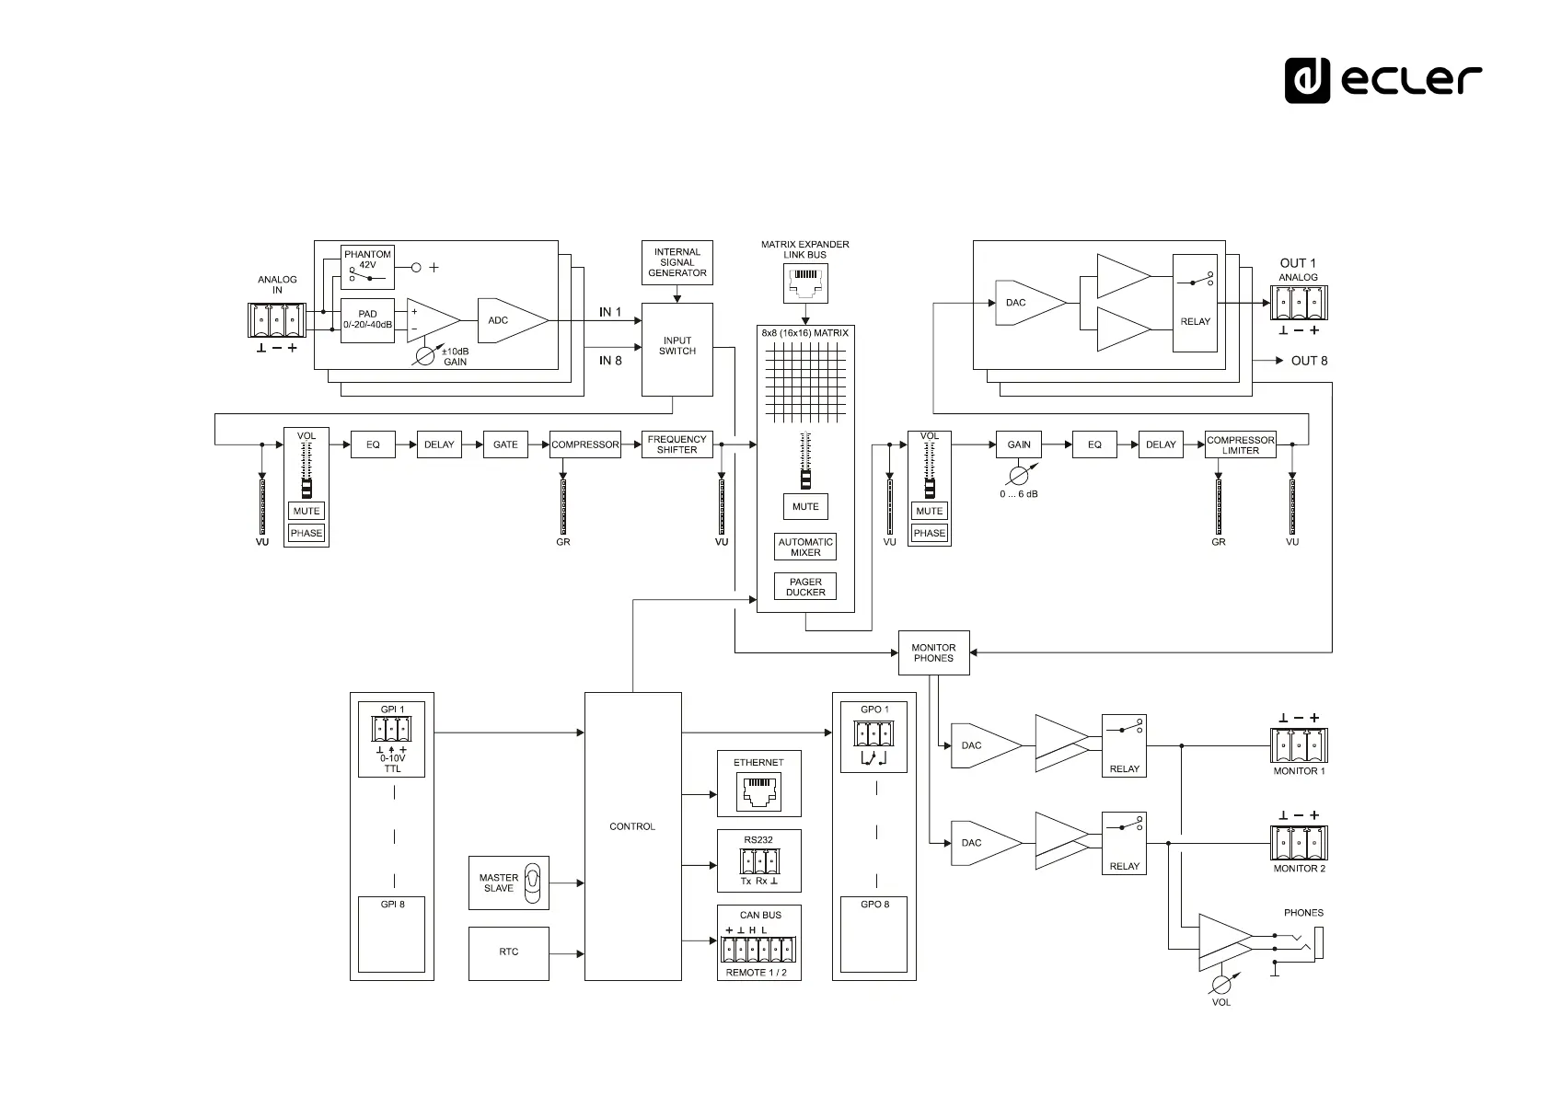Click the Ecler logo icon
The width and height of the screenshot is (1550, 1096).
(x=1307, y=80)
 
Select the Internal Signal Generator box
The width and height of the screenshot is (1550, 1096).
(x=677, y=262)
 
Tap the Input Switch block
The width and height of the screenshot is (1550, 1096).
(x=677, y=350)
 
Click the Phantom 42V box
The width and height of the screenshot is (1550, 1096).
(x=367, y=267)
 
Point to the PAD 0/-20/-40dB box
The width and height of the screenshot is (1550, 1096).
(x=367, y=320)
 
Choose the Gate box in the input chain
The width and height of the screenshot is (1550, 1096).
(x=505, y=444)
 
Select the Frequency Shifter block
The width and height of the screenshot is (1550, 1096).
(x=677, y=444)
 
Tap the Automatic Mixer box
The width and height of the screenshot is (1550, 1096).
(x=805, y=547)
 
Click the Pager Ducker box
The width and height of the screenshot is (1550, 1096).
(x=805, y=586)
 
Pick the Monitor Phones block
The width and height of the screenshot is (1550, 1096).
(x=933, y=652)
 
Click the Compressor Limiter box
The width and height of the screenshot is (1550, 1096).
(x=1240, y=444)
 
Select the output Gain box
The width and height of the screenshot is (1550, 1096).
(x=1019, y=444)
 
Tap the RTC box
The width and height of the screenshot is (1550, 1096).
(x=509, y=953)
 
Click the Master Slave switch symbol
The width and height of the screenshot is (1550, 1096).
(x=532, y=883)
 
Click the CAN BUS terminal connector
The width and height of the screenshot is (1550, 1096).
(x=758, y=950)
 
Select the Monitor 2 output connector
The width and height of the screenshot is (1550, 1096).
(x=1299, y=844)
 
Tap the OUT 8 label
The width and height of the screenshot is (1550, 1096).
(x=1309, y=361)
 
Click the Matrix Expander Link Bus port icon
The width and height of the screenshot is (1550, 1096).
(x=805, y=283)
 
